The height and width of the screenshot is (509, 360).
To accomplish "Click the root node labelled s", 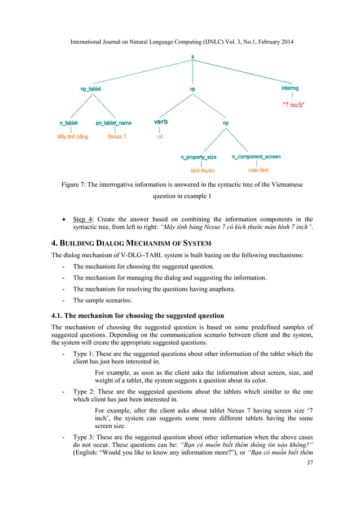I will (192, 56).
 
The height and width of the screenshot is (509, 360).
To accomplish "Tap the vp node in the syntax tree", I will (192, 89).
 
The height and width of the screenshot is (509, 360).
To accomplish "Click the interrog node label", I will (291, 88).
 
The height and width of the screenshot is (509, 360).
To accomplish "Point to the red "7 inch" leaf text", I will (293, 104).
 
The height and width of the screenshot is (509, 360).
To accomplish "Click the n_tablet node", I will (69, 122).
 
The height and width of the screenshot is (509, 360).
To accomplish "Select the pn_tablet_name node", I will (117, 122).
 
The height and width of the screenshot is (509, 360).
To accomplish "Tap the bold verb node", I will (160, 121).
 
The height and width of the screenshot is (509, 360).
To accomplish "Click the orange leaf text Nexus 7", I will (117, 137).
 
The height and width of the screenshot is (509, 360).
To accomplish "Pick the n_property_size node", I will (198, 156).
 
